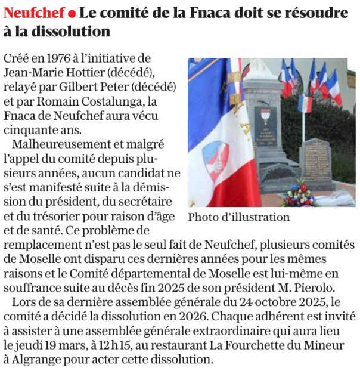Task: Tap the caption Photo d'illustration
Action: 238,217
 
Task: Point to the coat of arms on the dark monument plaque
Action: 265,115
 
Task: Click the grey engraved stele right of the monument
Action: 316,160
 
